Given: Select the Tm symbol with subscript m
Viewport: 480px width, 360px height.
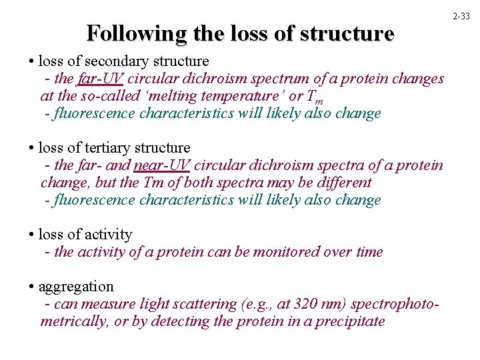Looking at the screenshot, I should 315,97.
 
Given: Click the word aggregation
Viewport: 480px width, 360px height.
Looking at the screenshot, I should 76,287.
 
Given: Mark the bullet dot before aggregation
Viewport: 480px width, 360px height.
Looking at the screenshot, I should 31,287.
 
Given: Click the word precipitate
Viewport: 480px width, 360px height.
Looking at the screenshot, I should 349,321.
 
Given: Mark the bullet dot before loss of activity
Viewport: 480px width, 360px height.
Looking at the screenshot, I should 31,235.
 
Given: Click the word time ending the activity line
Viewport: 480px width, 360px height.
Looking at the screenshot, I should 369,252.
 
